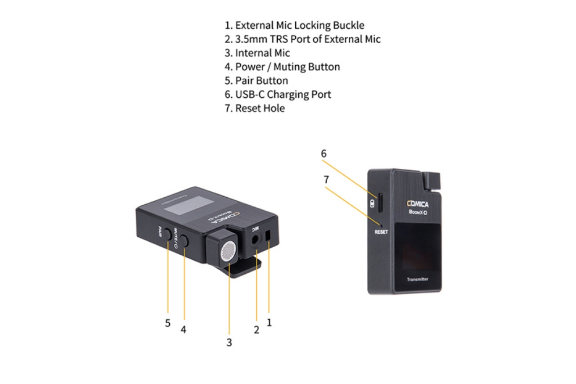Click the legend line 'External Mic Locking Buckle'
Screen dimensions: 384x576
point(295,25)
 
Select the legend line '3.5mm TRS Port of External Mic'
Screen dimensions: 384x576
point(303,39)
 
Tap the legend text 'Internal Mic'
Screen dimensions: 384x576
point(257,53)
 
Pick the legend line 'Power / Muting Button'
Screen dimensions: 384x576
point(283,67)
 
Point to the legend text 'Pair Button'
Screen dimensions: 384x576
point(256,81)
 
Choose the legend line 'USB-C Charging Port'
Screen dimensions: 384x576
point(278,95)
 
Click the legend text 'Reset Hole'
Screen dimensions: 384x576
point(255,108)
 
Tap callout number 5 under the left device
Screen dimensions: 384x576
point(167,324)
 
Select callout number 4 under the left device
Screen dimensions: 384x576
point(183,330)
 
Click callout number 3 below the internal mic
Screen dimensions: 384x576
point(229,343)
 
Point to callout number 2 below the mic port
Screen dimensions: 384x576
point(256,330)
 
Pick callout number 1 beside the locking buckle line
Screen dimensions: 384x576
point(269,322)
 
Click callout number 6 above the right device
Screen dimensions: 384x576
point(324,154)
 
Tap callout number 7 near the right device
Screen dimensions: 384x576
point(326,180)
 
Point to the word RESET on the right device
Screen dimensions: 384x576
point(381,232)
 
